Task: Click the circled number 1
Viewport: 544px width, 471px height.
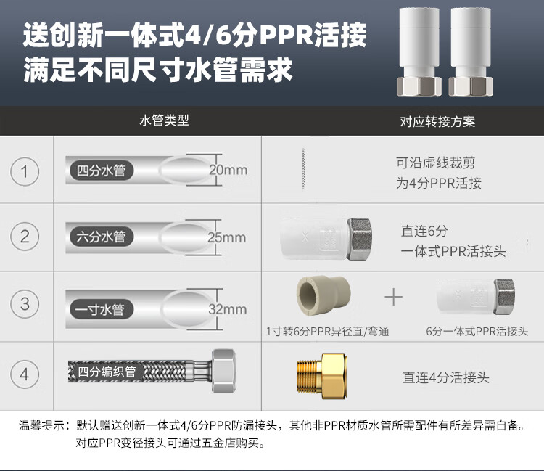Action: click(x=25, y=172)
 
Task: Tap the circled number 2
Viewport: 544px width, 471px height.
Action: click(x=25, y=237)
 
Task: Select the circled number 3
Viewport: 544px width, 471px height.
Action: click(x=25, y=303)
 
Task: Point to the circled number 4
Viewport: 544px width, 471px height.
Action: click(x=25, y=374)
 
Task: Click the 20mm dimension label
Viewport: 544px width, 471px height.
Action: click(x=228, y=171)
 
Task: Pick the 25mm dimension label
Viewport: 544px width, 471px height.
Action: click(x=227, y=237)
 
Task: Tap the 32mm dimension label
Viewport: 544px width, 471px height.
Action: click(x=228, y=309)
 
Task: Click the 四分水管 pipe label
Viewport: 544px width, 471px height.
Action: click(x=102, y=172)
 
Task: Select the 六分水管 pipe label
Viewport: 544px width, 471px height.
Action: click(x=102, y=237)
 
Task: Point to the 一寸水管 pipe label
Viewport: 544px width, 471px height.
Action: click(x=100, y=310)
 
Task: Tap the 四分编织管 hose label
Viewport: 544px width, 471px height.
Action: click(x=107, y=372)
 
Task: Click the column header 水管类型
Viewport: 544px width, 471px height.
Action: click(x=164, y=120)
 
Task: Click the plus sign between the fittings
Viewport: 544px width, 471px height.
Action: click(x=393, y=297)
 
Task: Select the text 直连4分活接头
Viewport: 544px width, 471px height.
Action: click(x=446, y=377)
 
